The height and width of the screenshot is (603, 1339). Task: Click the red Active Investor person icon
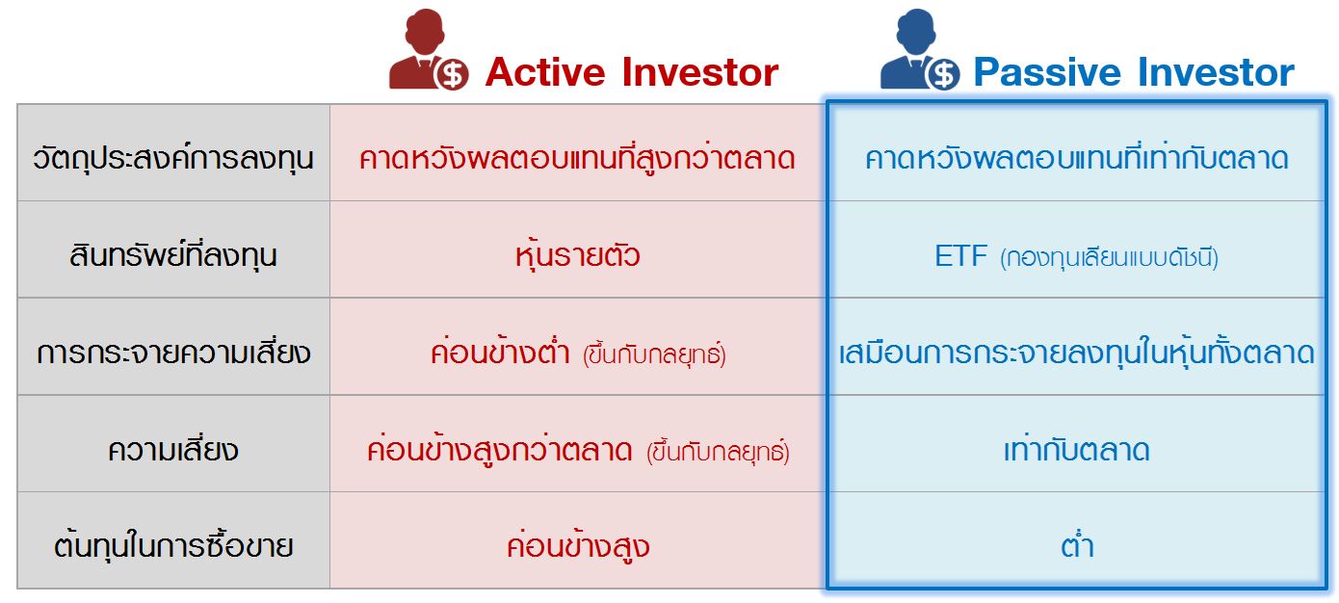tap(428, 53)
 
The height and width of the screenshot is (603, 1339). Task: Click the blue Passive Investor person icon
tap(919, 53)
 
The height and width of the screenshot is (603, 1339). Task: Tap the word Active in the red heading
tap(545, 73)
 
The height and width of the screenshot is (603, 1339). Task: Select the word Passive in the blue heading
tap(1049, 73)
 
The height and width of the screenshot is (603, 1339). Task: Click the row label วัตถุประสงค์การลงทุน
tap(173, 157)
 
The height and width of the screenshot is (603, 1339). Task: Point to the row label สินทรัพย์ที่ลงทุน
tap(173, 255)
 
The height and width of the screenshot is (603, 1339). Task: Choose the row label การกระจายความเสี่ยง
tap(173, 353)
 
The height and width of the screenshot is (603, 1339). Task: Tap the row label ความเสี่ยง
tap(173, 450)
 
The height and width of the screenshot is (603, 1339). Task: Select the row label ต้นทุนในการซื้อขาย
tap(173, 546)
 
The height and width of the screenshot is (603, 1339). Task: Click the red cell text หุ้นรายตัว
tap(577, 255)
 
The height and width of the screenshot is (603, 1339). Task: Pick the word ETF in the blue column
tap(961, 256)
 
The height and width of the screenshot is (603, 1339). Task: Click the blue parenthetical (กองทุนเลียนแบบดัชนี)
tap(1109, 258)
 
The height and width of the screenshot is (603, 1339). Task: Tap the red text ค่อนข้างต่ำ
tap(501, 353)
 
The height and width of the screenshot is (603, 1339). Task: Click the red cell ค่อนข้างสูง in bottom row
tap(577, 546)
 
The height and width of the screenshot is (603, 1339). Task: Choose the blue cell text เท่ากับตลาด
tap(1076, 450)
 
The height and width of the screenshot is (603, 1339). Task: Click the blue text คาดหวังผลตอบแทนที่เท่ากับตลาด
tap(1076, 158)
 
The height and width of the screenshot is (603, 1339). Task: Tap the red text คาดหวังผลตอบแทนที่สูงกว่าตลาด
tap(577, 158)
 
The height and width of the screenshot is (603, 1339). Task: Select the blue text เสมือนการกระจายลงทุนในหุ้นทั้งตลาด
tap(1076, 353)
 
